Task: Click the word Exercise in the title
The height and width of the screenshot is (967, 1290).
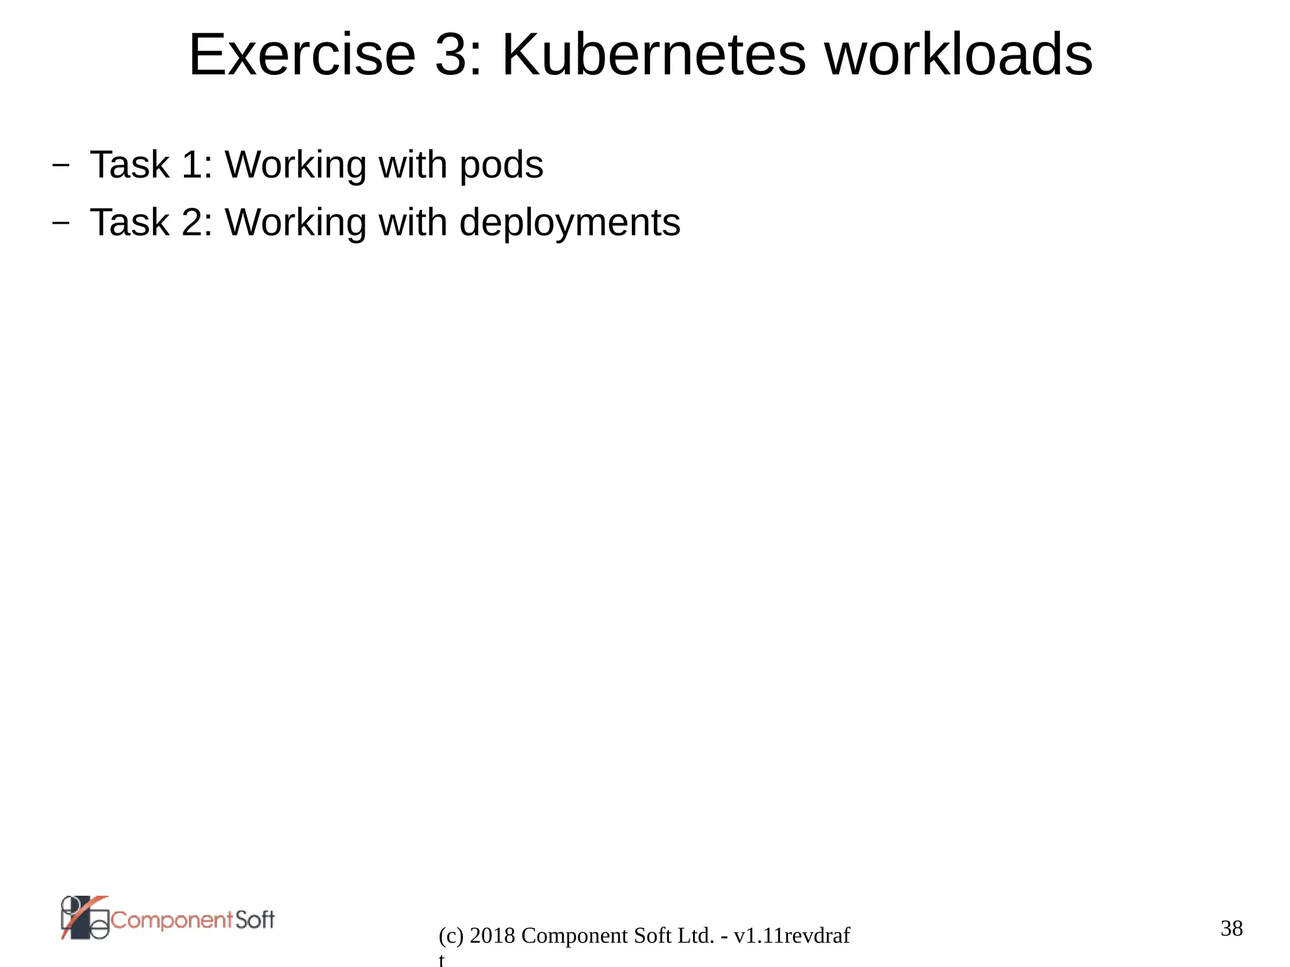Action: coord(302,55)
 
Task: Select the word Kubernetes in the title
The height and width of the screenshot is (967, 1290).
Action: coord(653,55)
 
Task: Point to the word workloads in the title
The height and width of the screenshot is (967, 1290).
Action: coord(959,55)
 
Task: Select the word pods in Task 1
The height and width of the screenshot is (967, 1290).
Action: coord(501,166)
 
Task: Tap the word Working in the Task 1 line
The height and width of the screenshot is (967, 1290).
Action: coord(295,166)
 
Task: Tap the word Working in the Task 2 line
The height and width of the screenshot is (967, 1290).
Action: coord(295,223)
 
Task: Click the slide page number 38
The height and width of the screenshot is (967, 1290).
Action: coord(1231,928)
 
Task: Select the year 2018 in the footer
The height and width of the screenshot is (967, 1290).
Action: coord(493,936)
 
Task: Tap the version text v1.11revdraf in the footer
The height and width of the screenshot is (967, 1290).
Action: coord(792,936)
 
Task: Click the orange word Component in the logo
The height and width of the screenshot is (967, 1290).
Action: coord(172,920)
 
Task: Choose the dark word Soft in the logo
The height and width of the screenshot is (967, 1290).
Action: coord(255,920)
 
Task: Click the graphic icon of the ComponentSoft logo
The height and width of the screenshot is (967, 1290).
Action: coord(85,918)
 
